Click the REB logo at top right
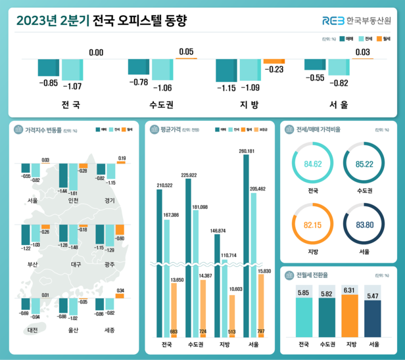click(x=333, y=20)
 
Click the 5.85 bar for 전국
click(x=303, y=315)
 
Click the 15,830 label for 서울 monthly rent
click(x=264, y=271)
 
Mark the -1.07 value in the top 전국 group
click(x=72, y=86)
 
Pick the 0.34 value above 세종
click(x=120, y=290)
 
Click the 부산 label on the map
click(x=32, y=264)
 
